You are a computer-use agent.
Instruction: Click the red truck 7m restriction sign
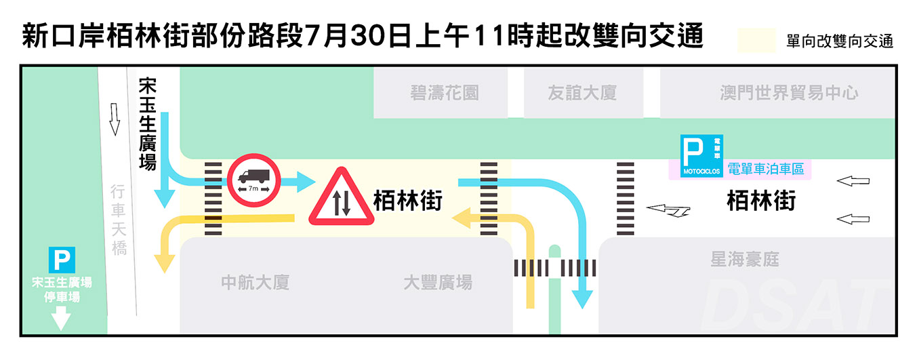pyautogui.click(x=253, y=180)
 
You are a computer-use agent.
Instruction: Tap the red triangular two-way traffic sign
pyautogui.click(x=342, y=199)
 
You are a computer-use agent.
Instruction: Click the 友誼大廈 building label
pyautogui.click(x=582, y=93)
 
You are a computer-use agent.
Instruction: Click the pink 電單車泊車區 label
pyautogui.click(x=765, y=169)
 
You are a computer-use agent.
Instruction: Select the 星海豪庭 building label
pyautogui.click(x=744, y=259)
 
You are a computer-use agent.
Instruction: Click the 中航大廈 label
pyautogui.click(x=256, y=282)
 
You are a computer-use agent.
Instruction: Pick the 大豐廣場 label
pyautogui.click(x=437, y=282)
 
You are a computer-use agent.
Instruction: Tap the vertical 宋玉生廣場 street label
pyautogui.click(x=147, y=123)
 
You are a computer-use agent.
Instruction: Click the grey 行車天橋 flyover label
pyautogui.click(x=119, y=220)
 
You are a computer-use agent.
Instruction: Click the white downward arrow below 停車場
pyautogui.click(x=61, y=317)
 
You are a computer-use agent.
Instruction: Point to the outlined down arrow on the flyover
pyautogui.click(x=115, y=119)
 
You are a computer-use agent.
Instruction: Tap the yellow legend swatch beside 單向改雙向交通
pyautogui.click(x=756, y=41)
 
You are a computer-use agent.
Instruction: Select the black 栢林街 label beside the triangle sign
pyautogui.click(x=407, y=201)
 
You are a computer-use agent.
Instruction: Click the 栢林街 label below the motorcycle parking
pyautogui.click(x=760, y=201)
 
